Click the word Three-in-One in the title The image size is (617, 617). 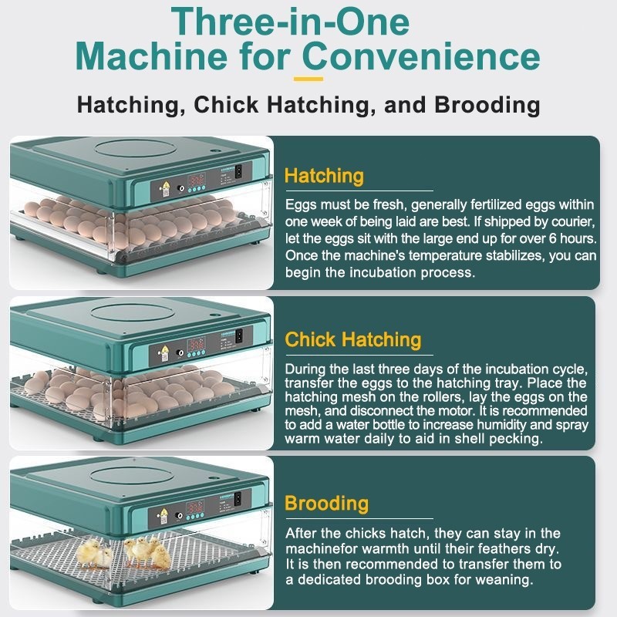291,22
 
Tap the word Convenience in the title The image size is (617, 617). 421,56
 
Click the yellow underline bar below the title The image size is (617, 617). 308,79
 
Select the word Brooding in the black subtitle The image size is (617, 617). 487,105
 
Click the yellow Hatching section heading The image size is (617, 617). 324,176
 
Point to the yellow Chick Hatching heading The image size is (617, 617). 353,339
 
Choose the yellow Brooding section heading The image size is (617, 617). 326,504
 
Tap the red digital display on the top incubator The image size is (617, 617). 196,180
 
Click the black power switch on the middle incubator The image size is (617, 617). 238,335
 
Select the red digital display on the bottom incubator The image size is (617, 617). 195,507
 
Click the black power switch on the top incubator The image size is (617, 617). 238,172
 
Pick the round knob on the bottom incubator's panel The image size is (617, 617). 179,516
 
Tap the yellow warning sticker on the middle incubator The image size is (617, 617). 165,349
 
